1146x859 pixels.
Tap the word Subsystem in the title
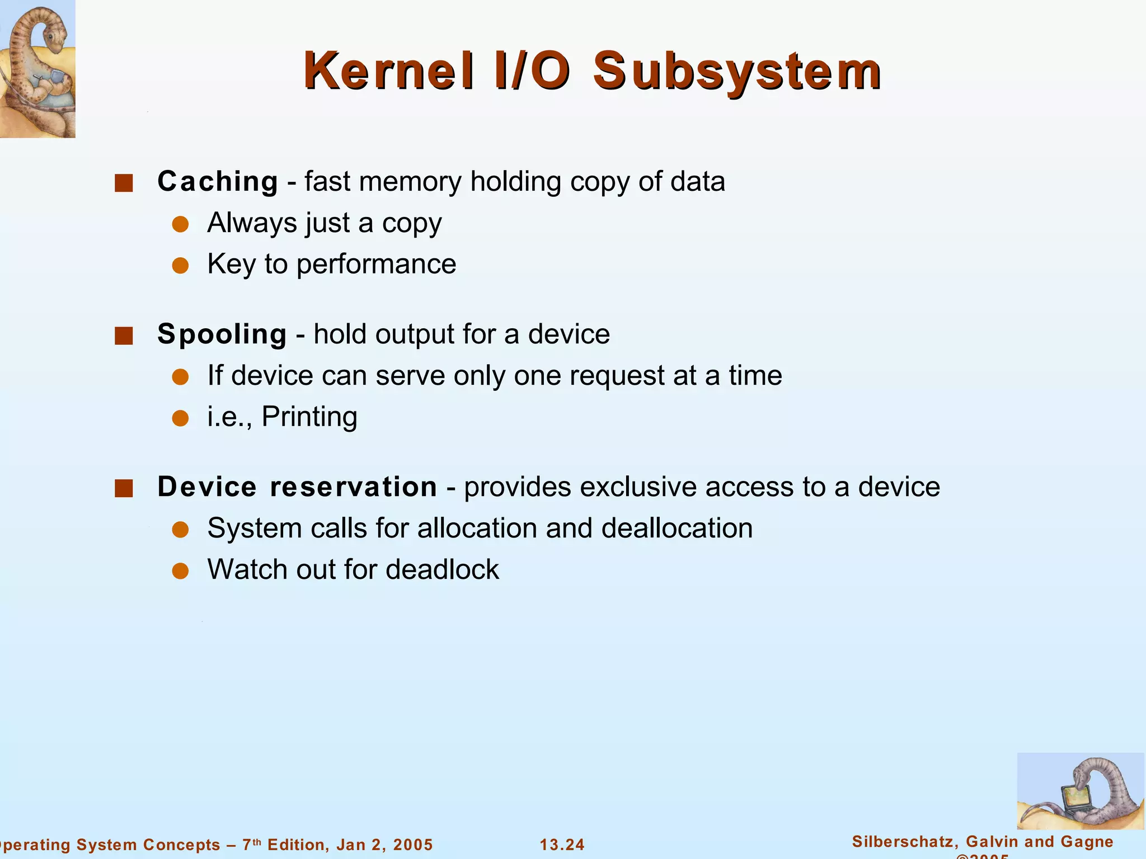[x=737, y=71]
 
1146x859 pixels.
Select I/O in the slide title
[x=533, y=71]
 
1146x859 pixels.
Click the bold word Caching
[x=218, y=181]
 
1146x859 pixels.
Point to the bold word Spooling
[x=222, y=334]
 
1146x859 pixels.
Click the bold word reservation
[x=354, y=487]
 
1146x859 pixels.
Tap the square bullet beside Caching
[x=124, y=183]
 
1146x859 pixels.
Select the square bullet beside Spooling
[x=124, y=336]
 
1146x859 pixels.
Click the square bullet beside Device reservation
[x=124, y=488]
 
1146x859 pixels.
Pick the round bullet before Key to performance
[x=180, y=266]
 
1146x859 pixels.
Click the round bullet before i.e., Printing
[x=180, y=418]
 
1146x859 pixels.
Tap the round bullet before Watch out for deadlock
[x=180, y=571]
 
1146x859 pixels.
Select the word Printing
[x=309, y=417]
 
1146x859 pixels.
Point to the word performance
[x=376, y=264]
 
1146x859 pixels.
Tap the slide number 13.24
[x=562, y=844]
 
